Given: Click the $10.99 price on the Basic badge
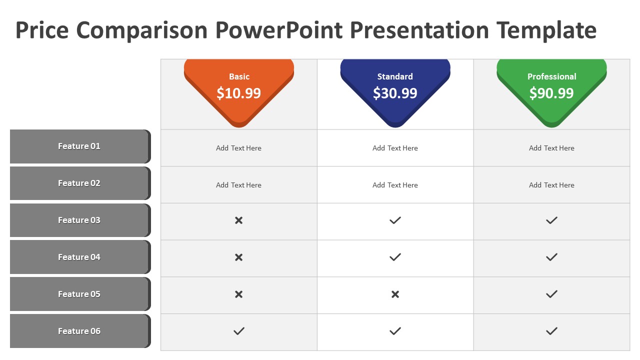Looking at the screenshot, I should pyautogui.click(x=238, y=93).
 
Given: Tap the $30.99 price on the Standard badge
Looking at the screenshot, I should pyautogui.click(x=395, y=93).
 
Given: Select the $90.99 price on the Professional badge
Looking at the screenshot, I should pyautogui.click(x=551, y=93).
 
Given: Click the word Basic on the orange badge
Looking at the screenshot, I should pyautogui.click(x=239, y=76).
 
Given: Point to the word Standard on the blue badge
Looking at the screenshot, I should pyautogui.click(x=395, y=76).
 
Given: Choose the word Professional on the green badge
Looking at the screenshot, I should pyautogui.click(x=551, y=76).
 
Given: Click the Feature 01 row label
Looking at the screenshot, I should pyautogui.click(x=79, y=146).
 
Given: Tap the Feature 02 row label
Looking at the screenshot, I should pyautogui.click(x=79, y=183).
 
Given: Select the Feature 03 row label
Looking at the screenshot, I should pyautogui.click(x=79, y=220).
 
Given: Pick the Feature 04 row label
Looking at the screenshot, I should pyautogui.click(x=79, y=257).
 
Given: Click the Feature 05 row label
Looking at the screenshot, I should pyautogui.click(x=79, y=294).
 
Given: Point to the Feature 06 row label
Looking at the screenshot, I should pyautogui.click(x=79, y=331).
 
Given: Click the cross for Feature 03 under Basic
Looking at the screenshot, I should pyautogui.click(x=239, y=220).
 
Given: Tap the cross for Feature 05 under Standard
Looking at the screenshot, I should pyautogui.click(x=395, y=294).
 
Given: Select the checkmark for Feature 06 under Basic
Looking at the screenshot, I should pyautogui.click(x=239, y=331).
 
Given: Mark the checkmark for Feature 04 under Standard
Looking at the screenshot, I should pyautogui.click(x=395, y=257).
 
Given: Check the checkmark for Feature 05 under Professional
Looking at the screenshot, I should pyautogui.click(x=551, y=294).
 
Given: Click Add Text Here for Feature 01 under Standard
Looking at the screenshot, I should pyautogui.click(x=395, y=148).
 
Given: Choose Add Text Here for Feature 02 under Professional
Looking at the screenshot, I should pyautogui.click(x=551, y=185).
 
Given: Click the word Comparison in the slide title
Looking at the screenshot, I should pyautogui.click(x=141, y=30).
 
